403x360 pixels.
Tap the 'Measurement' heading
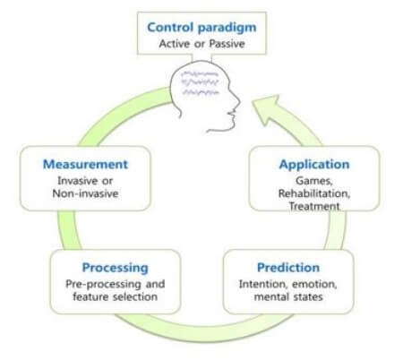[x=85, y=164]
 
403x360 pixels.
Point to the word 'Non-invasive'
[x=85, y=194]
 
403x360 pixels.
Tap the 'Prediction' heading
[x=288, y=267]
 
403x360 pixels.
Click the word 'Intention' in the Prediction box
[x=262, y=284]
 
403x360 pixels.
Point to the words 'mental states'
[x=288, y=297]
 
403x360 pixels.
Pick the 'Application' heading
[x=313, y=164]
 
